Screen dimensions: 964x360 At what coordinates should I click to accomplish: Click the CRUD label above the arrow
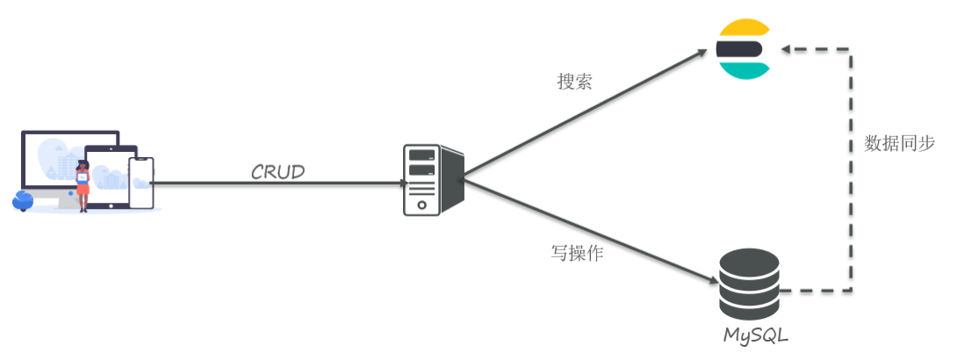click(277, 172)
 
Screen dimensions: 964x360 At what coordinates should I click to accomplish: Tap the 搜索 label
click(574, 82)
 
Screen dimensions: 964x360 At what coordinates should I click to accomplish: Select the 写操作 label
click(576, 254)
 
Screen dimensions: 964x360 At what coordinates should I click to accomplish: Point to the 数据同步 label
click(900, 143)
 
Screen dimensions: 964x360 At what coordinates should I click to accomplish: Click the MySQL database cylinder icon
click(749, 284)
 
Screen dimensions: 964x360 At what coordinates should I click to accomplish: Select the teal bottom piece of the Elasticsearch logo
click(741, 69)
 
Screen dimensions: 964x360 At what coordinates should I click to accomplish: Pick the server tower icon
click(432, 180)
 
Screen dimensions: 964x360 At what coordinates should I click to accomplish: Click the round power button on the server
click(422, 205)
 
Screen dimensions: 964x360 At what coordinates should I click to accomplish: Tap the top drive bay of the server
click(421, 155)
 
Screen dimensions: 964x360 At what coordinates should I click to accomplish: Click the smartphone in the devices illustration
click(140, 183)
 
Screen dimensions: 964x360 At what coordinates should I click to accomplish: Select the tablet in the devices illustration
click(112, 176)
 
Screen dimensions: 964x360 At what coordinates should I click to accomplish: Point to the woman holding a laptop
click(83, 184)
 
